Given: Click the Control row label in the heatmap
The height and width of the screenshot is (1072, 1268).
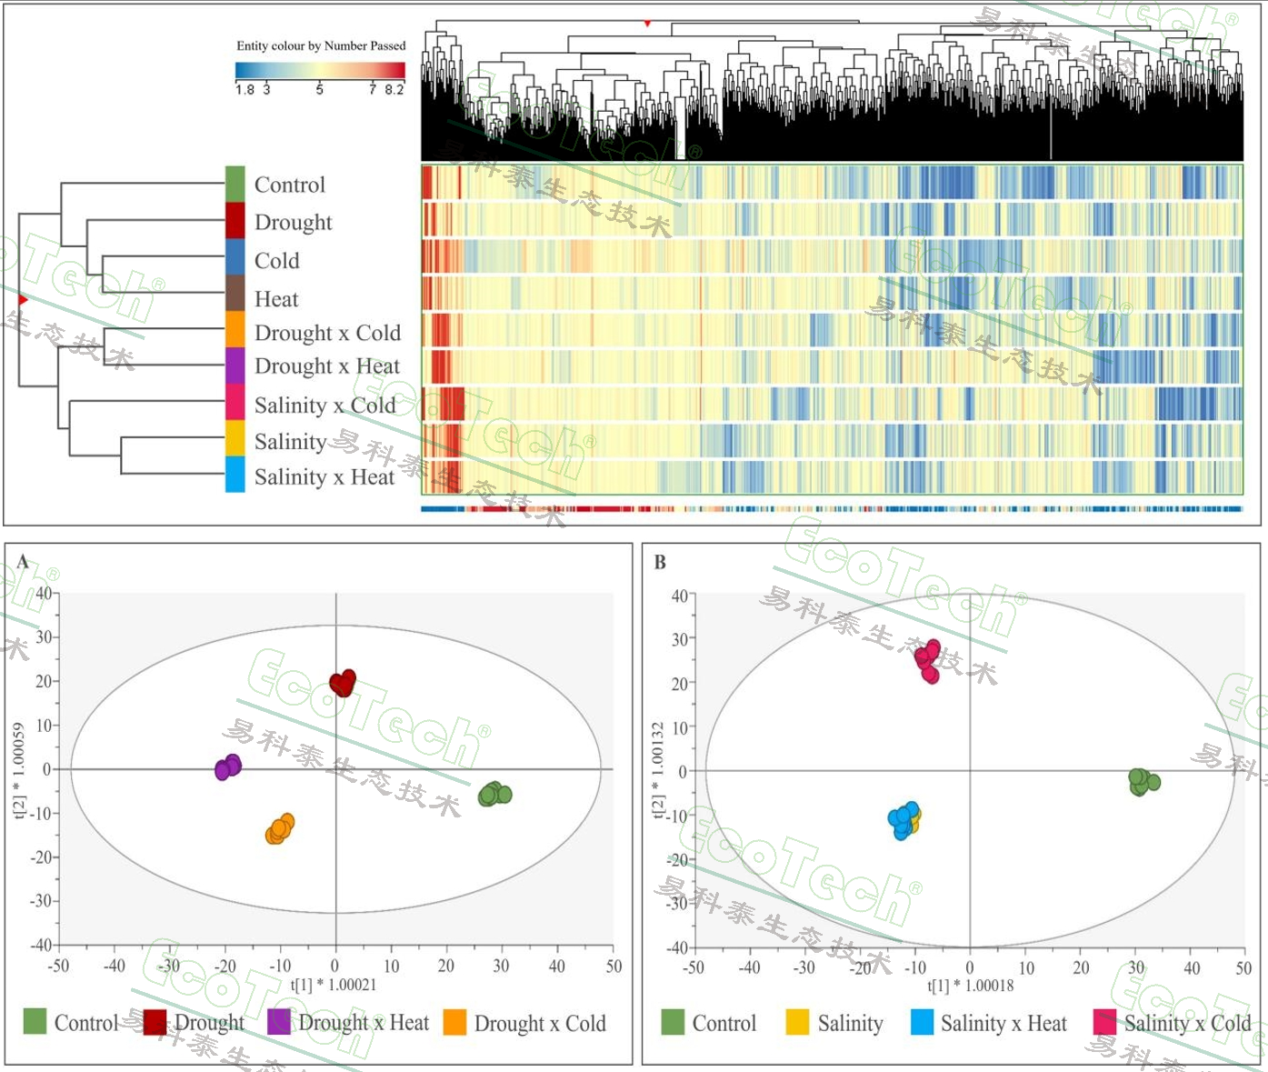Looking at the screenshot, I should [289, 185].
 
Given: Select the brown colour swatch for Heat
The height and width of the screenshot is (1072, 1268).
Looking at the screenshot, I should [235, 293].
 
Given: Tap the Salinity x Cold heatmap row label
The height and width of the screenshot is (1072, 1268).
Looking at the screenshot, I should [324, 406].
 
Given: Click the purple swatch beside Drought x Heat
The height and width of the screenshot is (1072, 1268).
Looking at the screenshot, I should [235, 366].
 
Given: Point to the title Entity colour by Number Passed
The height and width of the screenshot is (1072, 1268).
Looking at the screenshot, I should [321, 45].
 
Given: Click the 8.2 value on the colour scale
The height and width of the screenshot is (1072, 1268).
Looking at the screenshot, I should [394, 89].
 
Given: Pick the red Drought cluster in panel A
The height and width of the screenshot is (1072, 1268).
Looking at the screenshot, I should [343, 683].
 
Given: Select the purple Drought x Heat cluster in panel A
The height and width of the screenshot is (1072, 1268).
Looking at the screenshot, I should [228, 766].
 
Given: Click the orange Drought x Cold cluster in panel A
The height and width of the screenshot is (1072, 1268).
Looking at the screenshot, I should [280, 828].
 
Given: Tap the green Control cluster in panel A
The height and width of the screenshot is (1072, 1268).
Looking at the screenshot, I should [494, 794].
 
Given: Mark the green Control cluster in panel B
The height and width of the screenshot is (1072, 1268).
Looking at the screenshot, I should [1143, 781].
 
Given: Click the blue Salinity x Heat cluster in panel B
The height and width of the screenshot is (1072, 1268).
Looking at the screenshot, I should [903, 819].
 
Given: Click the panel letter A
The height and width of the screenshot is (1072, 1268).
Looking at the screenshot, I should [23, 562].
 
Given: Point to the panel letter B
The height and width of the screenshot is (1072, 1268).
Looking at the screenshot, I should [660, 563].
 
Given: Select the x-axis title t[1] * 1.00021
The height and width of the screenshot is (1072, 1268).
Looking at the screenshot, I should [334, 985].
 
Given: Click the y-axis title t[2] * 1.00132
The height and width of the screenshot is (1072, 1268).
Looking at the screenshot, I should [657, 770].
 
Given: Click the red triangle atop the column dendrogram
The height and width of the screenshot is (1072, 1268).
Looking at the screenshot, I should [647, 23].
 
